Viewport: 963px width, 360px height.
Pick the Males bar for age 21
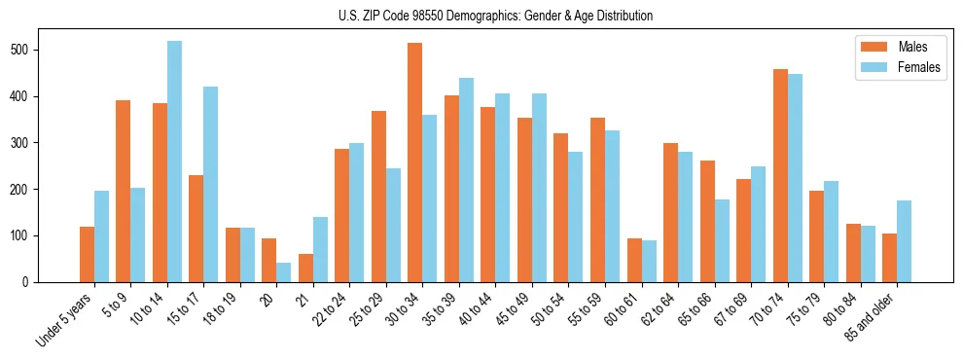[x=305, y=268]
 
